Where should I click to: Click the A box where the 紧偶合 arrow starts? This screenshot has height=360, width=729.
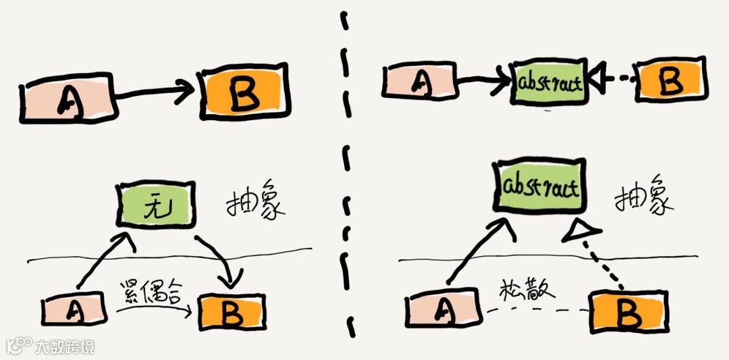coord(75,311)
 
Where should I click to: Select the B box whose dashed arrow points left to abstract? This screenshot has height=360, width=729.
coord(670,81)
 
